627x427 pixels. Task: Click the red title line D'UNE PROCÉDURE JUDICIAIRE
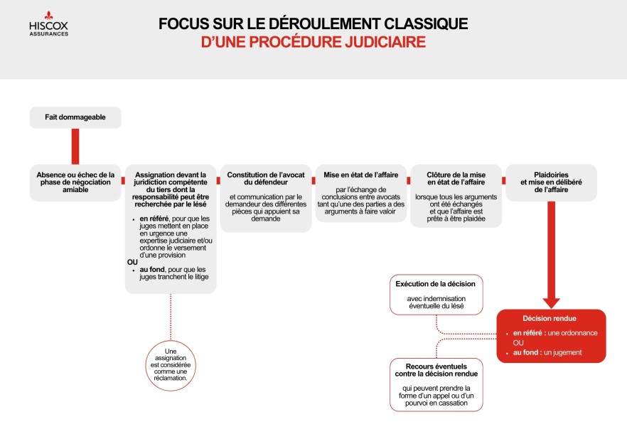click(313, 43)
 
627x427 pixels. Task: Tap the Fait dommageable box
click(75, 117)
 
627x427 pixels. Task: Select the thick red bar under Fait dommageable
click(75, 146)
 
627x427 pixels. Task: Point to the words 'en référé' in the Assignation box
click(154, 218)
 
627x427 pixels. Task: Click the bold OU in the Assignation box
click(132, 262)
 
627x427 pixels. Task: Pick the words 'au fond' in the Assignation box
click(154, 269)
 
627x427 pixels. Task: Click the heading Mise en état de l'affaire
click(361, 174)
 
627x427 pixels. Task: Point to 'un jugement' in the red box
click(564, 352)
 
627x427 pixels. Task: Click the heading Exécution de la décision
click(436, 284)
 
